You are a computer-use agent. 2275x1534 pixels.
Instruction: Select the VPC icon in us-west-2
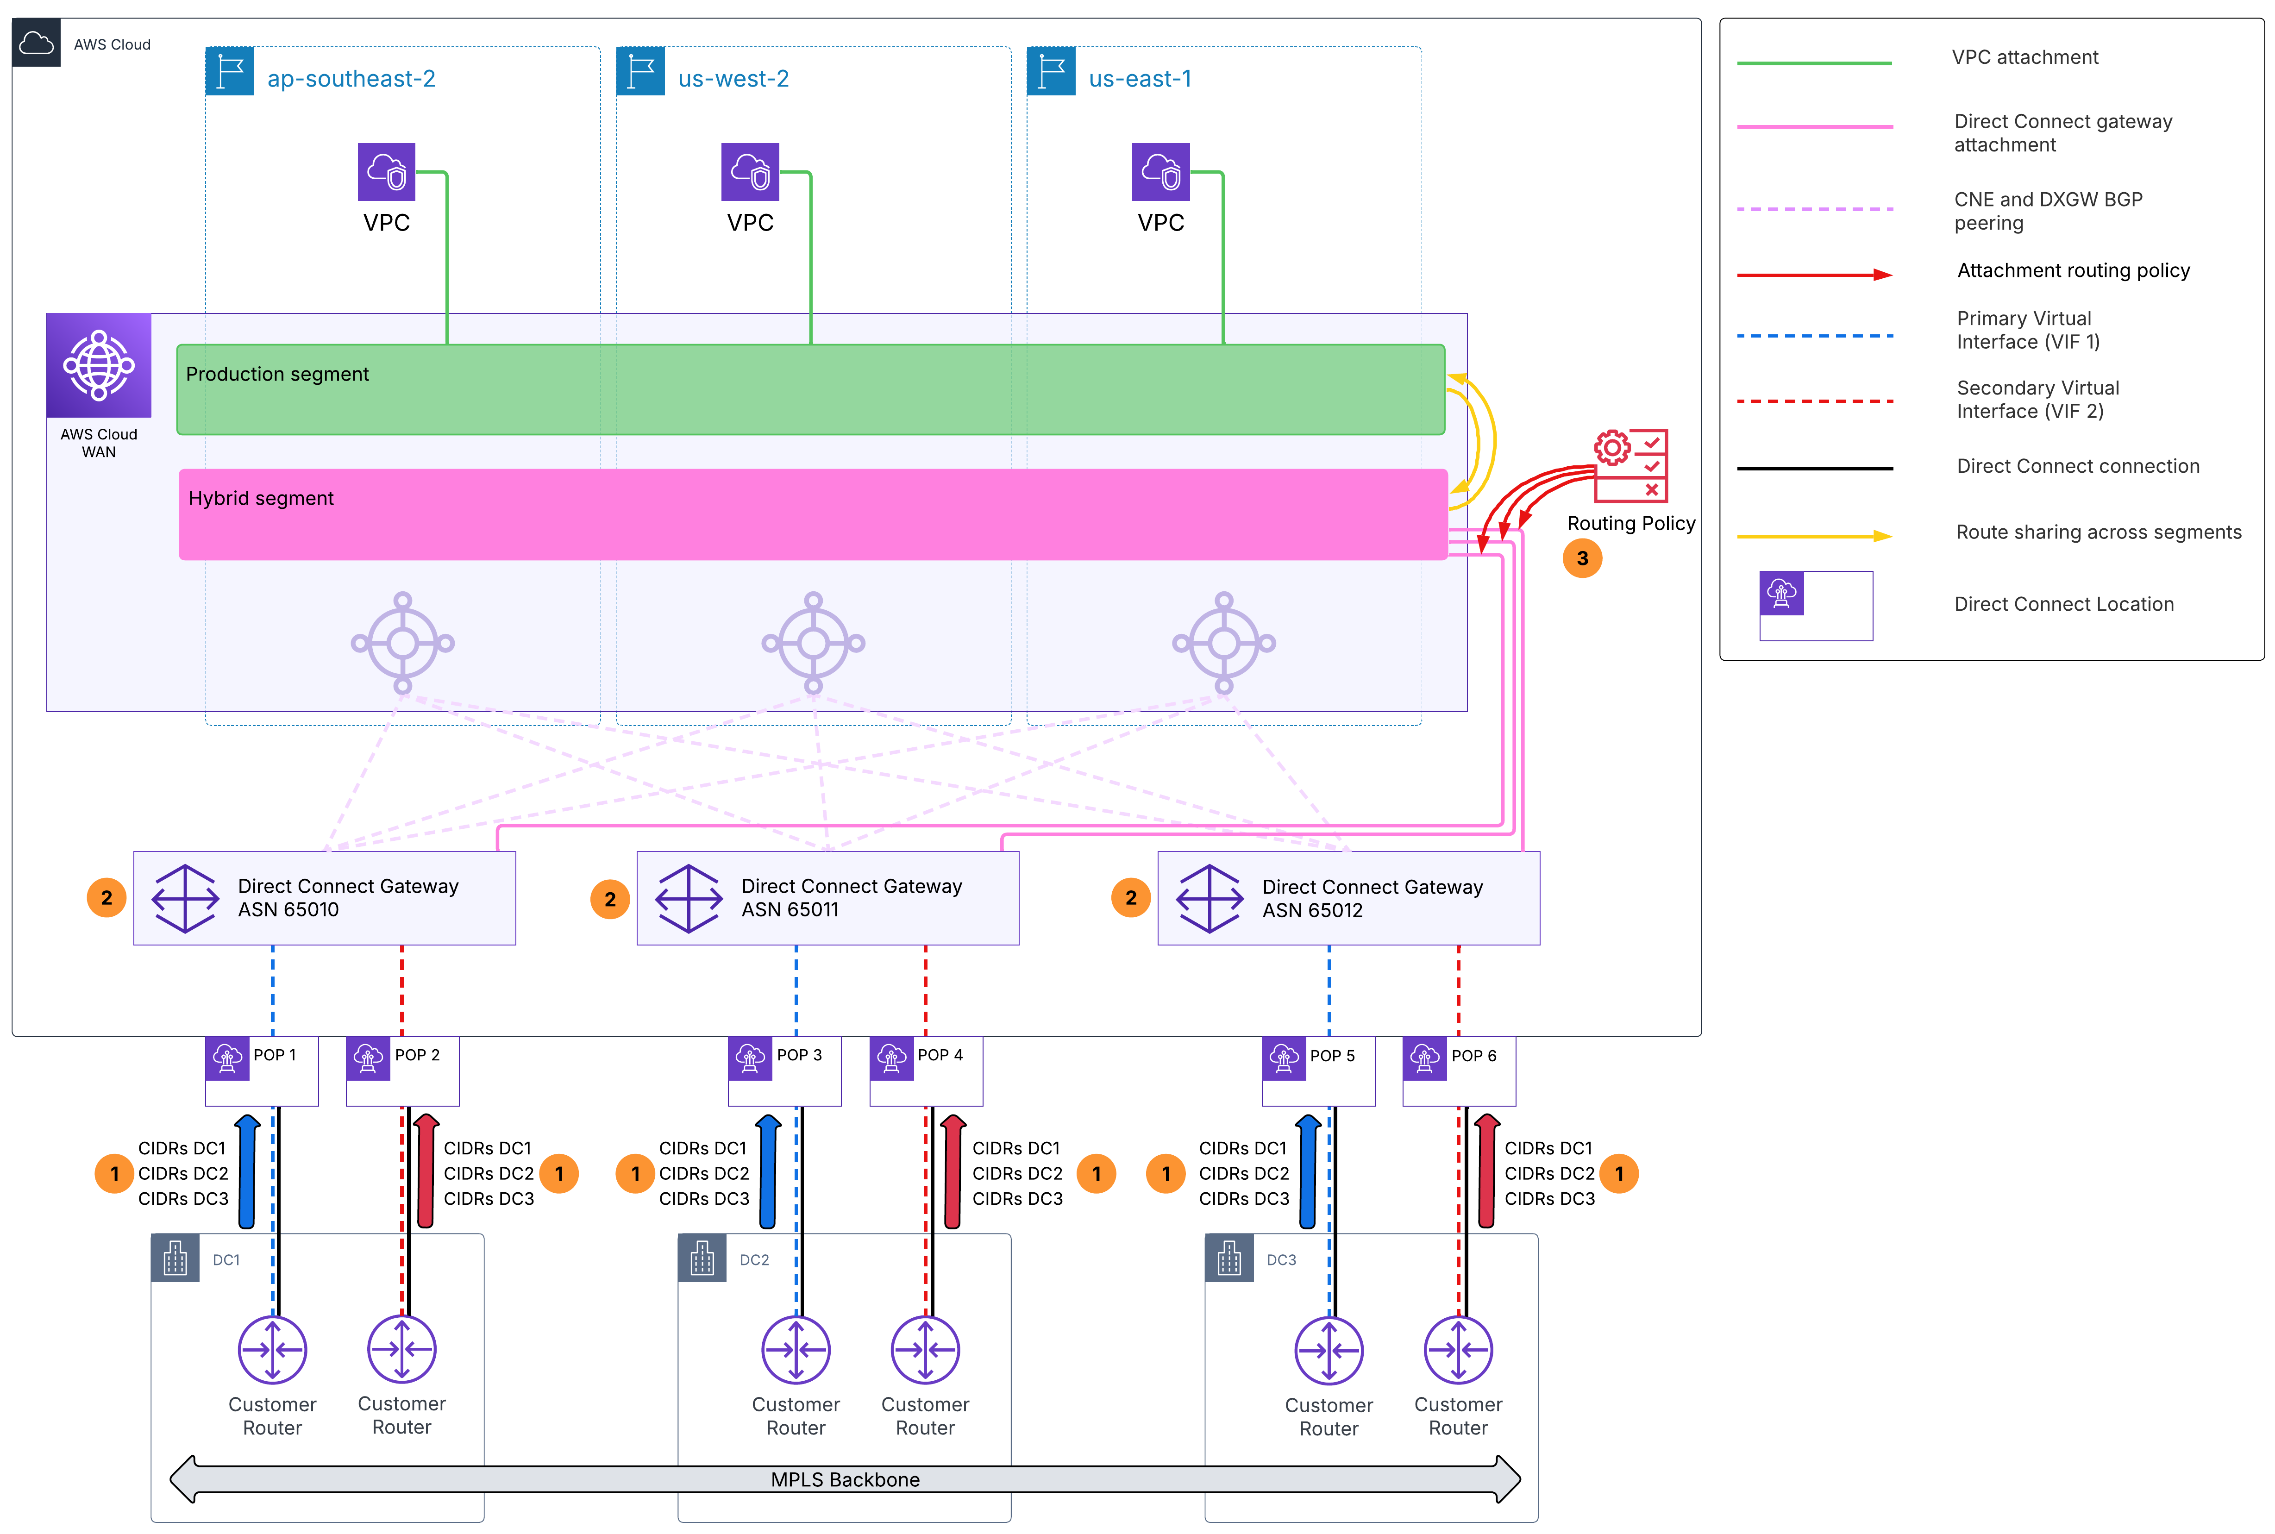click(x=750, y=172)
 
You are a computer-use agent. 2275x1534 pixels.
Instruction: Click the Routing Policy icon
click(x=1630, y=466)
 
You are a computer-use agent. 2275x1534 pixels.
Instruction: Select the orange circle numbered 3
click(x=1583, y=558)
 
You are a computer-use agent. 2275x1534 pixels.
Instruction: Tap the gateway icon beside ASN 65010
click(x=185, y=898)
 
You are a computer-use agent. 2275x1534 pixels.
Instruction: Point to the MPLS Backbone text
click(x=845, y=1479)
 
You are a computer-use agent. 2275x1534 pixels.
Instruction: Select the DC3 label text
click(x=1281, y=1260)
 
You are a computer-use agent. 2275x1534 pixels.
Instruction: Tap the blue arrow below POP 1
click(x=247, y=1171)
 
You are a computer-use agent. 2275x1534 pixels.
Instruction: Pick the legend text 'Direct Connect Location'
click(x=2064, y=605)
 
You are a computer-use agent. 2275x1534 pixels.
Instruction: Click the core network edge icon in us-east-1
click(x=1223, y=643)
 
